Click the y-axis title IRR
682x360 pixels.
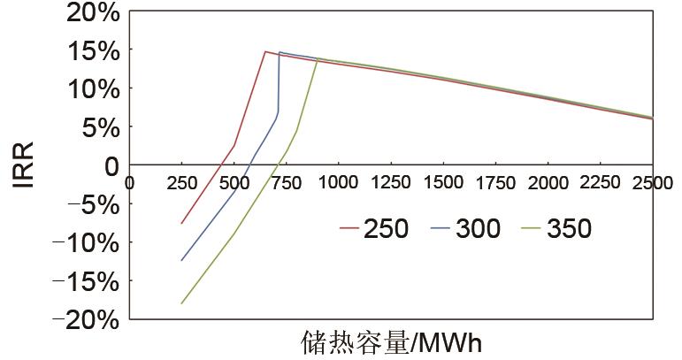24,165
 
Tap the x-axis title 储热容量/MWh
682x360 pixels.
392,342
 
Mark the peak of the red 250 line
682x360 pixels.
265,51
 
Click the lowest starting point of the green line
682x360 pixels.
181,303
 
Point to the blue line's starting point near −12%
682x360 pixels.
181,260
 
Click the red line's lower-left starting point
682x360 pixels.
181,223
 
